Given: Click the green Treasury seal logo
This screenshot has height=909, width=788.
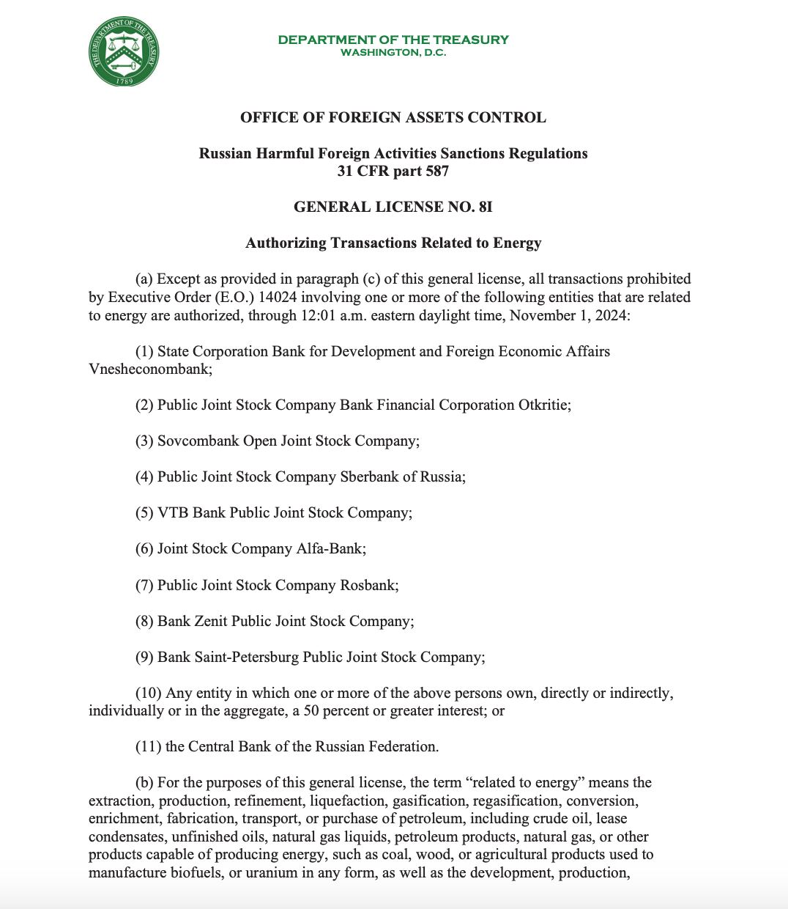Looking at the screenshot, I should click(124, 52).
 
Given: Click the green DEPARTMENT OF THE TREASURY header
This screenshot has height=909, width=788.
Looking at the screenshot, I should click(393, 40).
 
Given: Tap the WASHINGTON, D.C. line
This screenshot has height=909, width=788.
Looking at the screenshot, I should click(393, 53).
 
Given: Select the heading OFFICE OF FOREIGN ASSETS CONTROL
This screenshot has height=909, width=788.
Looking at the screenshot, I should click(393, 117).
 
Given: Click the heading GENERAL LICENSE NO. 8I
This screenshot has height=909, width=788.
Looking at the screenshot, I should click(393, 207).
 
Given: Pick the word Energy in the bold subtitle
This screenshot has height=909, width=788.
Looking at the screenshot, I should click(517, 243).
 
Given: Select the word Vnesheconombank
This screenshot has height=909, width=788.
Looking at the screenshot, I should click(149, 369).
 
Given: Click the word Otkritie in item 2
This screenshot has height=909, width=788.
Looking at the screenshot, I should click(543, 405).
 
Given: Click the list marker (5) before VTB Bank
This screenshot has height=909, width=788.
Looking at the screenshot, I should click(144, 512).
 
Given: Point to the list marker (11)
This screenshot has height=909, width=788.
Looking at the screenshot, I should click(148, 746).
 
